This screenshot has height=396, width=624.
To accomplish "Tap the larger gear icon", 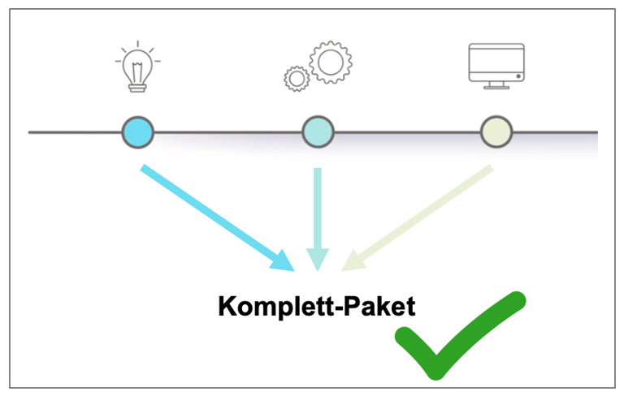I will (x=331, y=61).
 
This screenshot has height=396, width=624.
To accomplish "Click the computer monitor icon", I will (x=496, y=63).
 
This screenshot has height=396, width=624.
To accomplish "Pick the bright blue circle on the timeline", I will (x=137, y=131).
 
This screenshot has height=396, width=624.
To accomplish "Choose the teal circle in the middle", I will (x=318, y=131).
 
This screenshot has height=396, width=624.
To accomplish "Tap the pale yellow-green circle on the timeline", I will (x=496, y=131).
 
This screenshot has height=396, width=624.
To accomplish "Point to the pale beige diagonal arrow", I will (x=422, y=214).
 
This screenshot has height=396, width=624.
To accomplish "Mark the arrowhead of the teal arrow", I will (x=318, y=259).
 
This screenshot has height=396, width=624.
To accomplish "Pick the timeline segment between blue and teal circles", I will (x=227, y=131).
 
